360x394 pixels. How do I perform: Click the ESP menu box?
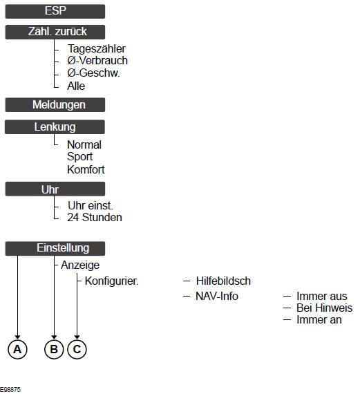(55, 11)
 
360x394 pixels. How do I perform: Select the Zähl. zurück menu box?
(55, 32)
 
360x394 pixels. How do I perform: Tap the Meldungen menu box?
(55, 105)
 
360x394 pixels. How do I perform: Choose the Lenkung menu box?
(55, 127)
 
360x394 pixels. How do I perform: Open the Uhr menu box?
(55, 189)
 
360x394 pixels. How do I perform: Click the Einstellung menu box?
(55, 249)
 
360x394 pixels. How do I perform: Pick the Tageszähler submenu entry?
(97, 49)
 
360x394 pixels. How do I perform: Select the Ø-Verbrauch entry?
(97, 61)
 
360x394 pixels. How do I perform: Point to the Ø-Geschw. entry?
(93, 73)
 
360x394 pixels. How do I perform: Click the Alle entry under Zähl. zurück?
(76, 86)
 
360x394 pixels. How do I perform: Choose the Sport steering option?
(80, 157)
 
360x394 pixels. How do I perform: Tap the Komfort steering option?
(86, 169)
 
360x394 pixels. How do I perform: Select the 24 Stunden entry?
(95, 217)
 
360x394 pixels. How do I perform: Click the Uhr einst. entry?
(91, 206)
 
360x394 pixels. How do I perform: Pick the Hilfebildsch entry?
(223, 281)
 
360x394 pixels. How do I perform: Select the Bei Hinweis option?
(324, 308)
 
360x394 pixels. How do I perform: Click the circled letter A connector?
(17, 349)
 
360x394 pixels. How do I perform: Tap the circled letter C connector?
(77, 349)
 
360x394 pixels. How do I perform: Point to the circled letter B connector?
(54, 349)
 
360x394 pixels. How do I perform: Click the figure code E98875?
(10, 390)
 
